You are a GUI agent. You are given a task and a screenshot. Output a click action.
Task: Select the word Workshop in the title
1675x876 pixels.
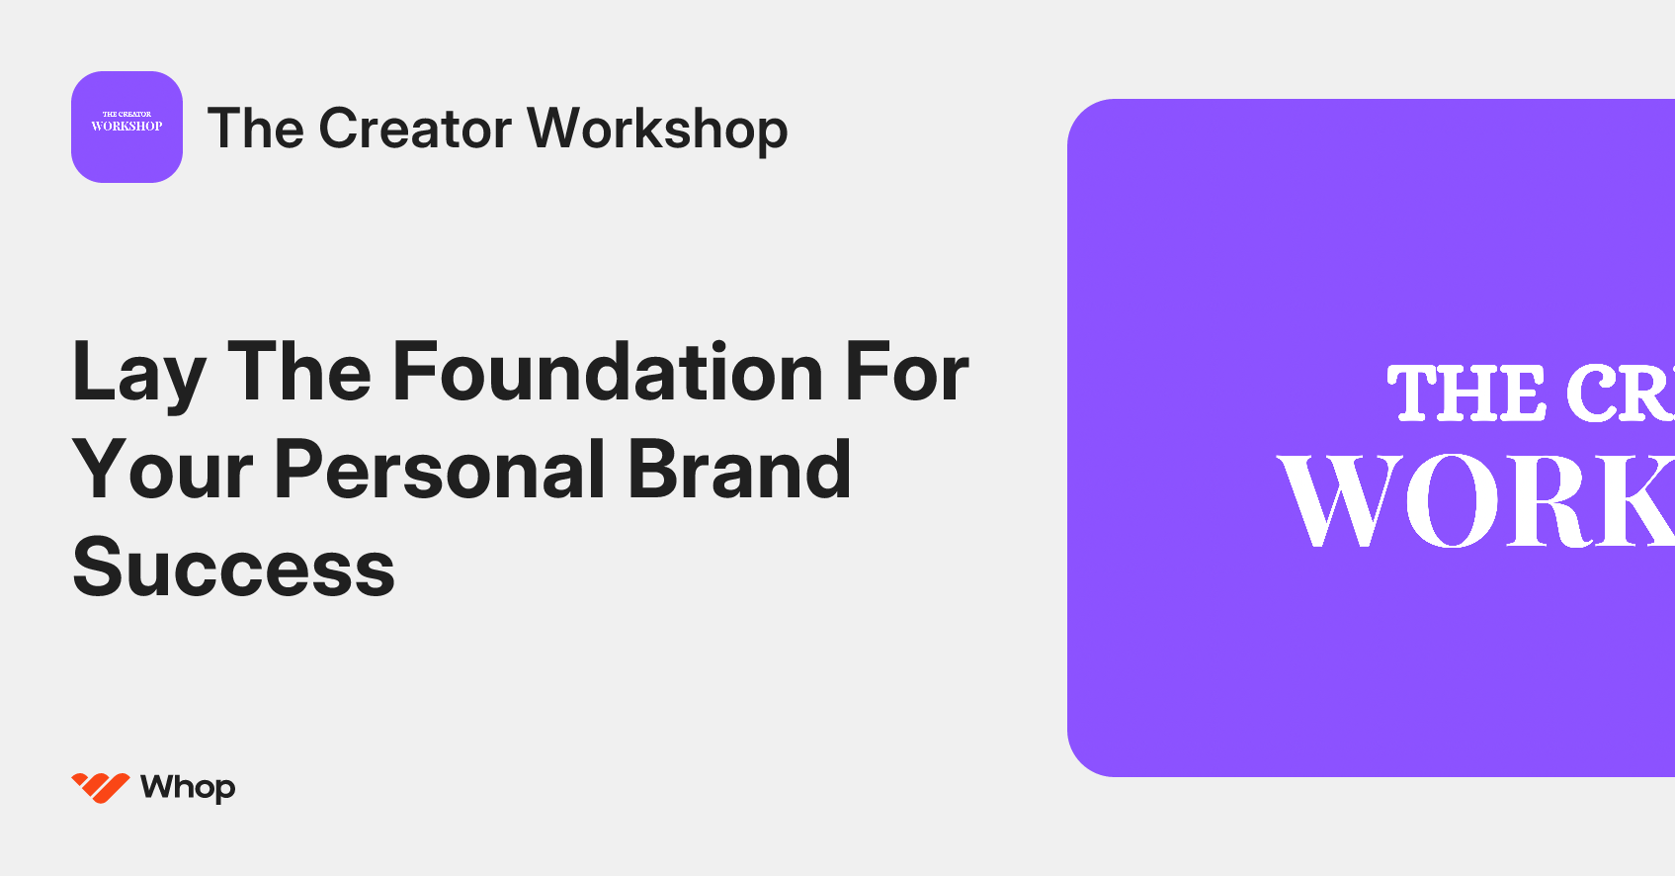657,129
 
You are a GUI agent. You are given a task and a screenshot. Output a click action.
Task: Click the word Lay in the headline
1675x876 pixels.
138,374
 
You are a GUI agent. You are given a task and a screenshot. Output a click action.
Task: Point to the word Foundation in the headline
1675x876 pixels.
608,372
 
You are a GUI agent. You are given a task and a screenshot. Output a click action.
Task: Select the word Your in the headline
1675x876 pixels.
163,471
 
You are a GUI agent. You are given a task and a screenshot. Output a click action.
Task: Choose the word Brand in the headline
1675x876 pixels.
739,471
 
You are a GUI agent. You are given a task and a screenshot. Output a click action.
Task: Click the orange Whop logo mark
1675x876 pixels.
101,787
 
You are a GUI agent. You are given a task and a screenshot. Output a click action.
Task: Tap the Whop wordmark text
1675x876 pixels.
188,787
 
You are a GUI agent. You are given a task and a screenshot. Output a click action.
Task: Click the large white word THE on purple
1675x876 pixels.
1467,394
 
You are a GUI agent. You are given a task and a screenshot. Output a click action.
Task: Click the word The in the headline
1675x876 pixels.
299,372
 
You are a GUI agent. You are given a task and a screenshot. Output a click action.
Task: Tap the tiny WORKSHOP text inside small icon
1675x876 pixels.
126,127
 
